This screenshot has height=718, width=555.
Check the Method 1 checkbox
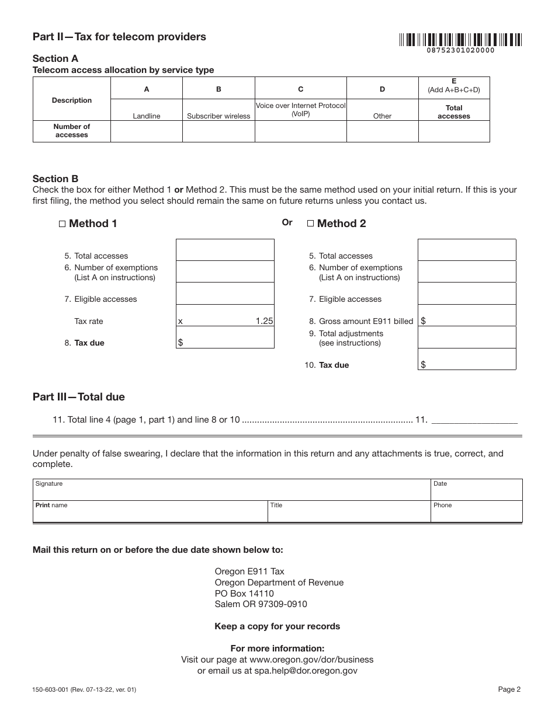[x=63, y=224]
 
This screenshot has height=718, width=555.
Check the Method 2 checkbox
[x=310, y=224]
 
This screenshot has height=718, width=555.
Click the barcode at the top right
[x=460, y=40]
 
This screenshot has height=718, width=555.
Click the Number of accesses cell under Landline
[x=147, y=131]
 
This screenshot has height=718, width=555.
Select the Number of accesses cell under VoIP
[x=301, y=131]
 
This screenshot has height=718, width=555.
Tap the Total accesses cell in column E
[x=454, y=131]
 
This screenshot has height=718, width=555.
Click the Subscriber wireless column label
[x=218, y=116]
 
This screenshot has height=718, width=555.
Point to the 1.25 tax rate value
[x=264, y=321]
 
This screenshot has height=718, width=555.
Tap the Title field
[x=348, y=512]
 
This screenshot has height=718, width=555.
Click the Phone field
[x=476, y=512]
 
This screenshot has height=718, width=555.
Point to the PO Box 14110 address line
[x=244, y=594]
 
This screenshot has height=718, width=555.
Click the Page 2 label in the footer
[x=509, y=689]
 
